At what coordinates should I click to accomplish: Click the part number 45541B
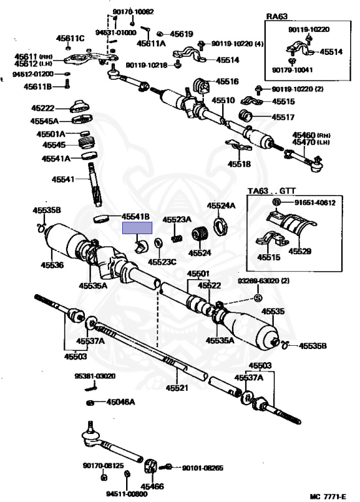coord(135,217)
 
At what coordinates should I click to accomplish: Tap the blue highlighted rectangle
coord(137,228)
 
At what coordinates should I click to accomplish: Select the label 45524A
coord(221,205)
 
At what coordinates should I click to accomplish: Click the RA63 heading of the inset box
coord(277,16)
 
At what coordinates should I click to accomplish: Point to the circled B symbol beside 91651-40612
coord(277,203)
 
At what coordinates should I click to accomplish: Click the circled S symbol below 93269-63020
coord(258,298)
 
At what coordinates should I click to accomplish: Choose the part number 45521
coord(177,388)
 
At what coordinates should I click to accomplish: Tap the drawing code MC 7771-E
coord(328,496)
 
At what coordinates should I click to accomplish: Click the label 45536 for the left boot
coord(52,265)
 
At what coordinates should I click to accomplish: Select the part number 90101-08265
coord(203,468)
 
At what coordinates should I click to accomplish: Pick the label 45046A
coord(121,401)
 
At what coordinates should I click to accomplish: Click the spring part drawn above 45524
coord(201,234)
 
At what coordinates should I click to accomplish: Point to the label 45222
coord(43,108)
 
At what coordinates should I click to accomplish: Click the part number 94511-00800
coord(127,494)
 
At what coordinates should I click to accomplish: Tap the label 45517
coord(283,117)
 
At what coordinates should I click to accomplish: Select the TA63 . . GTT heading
coord(272,191)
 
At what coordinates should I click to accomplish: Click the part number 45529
coord(300,251)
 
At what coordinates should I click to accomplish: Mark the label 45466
coord(152,486)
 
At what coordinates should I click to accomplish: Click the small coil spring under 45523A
coord(177,239)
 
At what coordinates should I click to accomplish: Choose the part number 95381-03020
coord(95,376)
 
